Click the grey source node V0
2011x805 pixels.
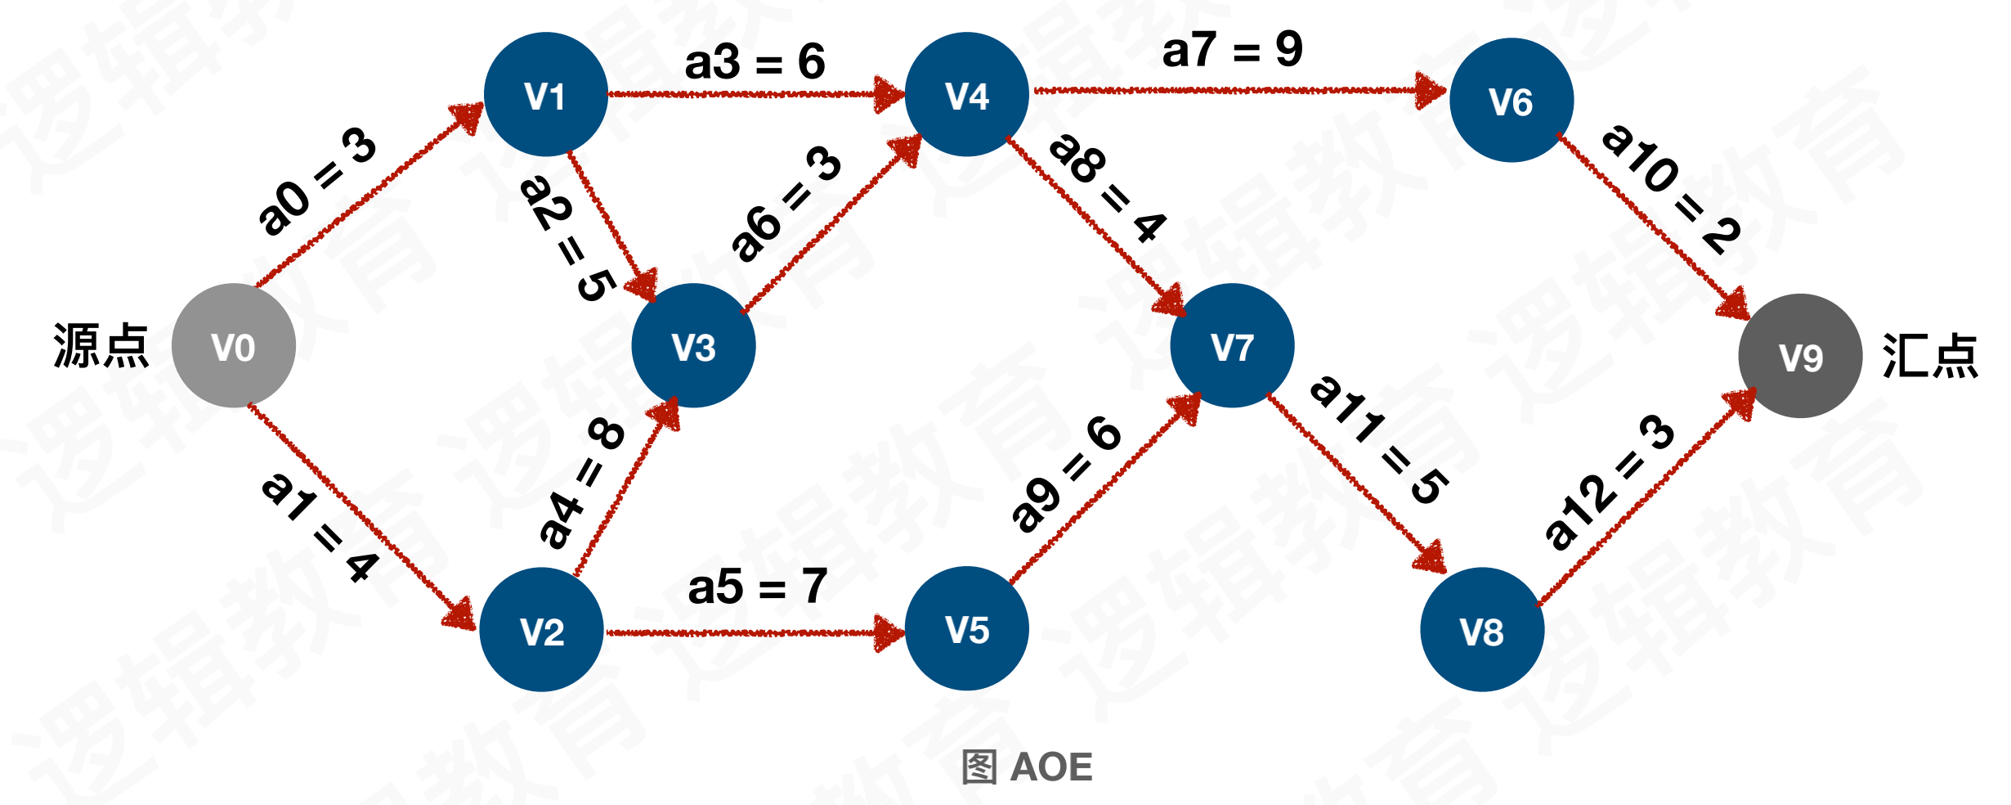(x=234, y=346)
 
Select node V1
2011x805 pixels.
(x=545, y=95)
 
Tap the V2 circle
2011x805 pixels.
(x=541, y=630)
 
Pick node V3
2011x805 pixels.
(x=693, y=346)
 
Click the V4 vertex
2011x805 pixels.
(x=967, y=95)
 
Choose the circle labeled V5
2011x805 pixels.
(x=967, y=628)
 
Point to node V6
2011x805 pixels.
(x=1511, y=101)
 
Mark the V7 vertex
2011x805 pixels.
(x=1232, y=346)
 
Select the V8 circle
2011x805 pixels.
(x=1481, y=630)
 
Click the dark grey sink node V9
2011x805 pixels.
(x=1800, y=357)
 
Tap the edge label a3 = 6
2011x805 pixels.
(x=755, y=62)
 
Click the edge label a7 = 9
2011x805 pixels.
(x=1232, y=51)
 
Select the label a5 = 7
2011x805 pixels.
(x=758, y=587)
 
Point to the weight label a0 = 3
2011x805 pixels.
(x=317, y=182)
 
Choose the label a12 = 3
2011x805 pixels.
(x=1609, y=483)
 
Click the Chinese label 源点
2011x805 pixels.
(x=101, y=345)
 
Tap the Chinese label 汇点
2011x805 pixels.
(x=1930, y=356)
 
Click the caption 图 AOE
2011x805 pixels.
(x=1027, y=767)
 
